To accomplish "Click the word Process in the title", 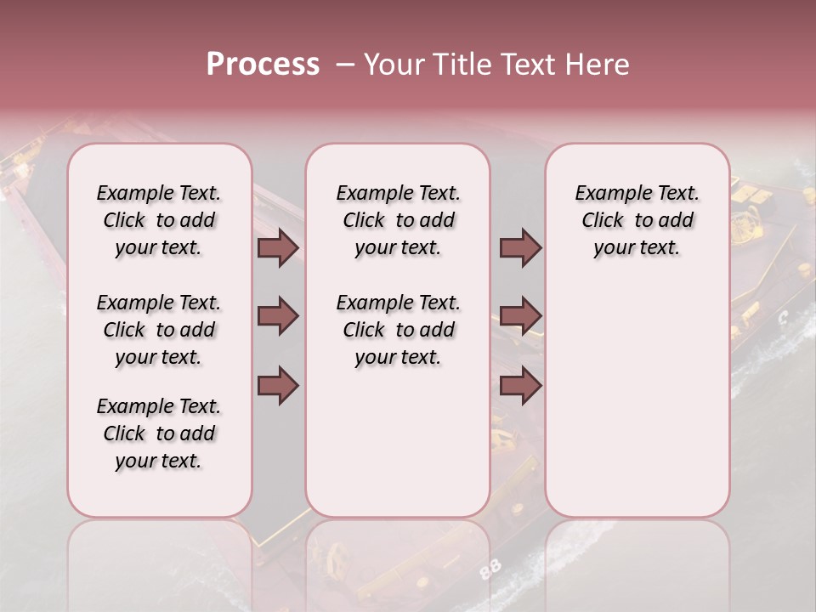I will tap(263, 65).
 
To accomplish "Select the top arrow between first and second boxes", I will tap(278, 248).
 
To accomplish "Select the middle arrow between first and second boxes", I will tap(278, 316).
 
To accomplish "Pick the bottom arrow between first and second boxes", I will tap(278, 385).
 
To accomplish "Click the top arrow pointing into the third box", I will tap(520, 248).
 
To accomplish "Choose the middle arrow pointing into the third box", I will tap(520, 316).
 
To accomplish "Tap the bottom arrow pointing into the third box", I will tap(520, 385).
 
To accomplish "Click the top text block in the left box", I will tap(159, 220).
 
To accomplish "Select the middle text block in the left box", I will tap(159, 330).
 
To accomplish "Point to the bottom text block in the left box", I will tap(159, 433).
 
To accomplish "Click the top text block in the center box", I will tap(398, 220).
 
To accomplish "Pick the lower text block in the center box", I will tap(398, 330).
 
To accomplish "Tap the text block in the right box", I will tap(637, 220).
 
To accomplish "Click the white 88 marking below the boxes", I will tap(490, 570).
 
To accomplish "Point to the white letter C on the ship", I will tap(783, 318).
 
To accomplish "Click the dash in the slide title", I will tap(344, 65).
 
